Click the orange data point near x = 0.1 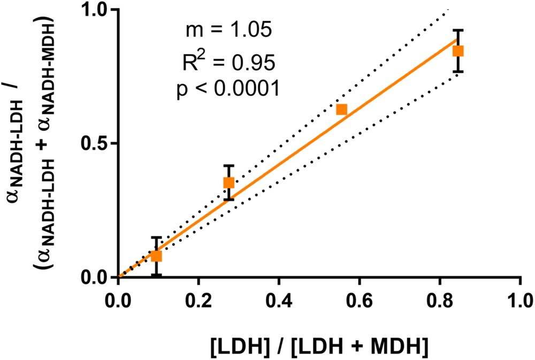(x=156, y=256)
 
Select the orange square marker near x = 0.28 (x=229, y=182)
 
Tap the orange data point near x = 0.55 (x=341, y=109)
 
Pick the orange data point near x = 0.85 (x=458, y=51)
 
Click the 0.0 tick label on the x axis (x=118, y=297)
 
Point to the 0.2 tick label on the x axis (x=198, y=297)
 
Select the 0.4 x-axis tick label (x=279, y=297)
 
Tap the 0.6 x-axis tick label (x=359, y=297)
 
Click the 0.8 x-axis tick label (x=439, y=297)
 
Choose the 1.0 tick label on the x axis (x=519, y=297)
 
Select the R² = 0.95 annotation (x=227, y=62)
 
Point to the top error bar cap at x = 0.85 (x=458, y=30)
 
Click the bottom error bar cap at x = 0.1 (x=156, y=275)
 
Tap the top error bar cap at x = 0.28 (x=229, y=166)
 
